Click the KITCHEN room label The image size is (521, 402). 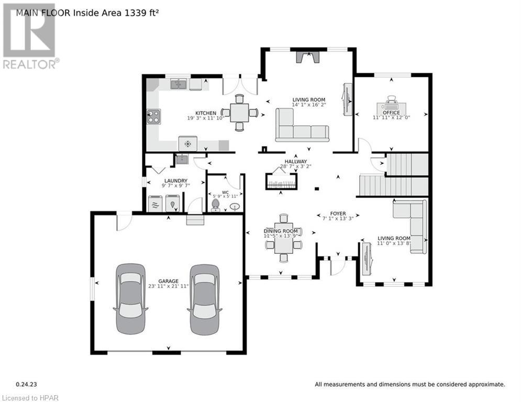pos(206,113)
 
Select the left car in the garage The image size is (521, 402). pos(130,299)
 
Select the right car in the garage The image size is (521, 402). pos(204,299)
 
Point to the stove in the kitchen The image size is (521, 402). pos(153,116)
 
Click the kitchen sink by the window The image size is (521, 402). pos(180,84)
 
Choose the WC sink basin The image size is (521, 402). pos(235,207)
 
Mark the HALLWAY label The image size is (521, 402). pos(296,161)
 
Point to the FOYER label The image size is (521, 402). pos(338,214)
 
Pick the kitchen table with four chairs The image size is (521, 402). pos(239,112)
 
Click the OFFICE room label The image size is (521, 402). pos(391,113)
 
